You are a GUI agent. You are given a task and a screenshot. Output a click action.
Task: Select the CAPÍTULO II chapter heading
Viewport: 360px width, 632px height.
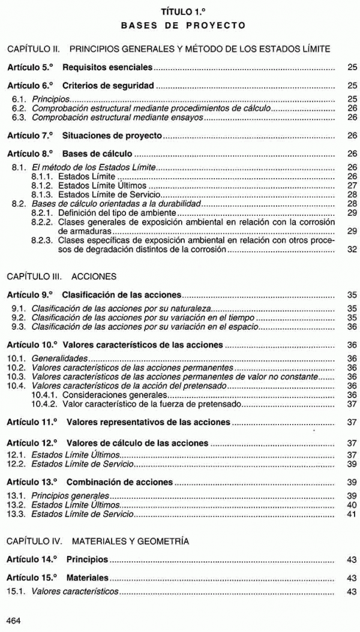coord(168,48)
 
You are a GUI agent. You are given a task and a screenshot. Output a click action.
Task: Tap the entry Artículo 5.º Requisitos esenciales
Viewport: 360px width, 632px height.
coord(80,68)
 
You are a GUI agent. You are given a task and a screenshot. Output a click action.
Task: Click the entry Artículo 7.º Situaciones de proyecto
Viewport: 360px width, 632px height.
coord(85,136)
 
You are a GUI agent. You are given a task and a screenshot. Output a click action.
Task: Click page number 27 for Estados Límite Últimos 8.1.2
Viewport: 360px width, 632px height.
coord(352,186)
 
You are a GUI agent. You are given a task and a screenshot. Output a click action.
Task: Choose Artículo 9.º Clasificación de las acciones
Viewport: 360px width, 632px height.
coord(94,296)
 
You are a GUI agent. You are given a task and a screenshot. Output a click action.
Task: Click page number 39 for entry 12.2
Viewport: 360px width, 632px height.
coord(352,464)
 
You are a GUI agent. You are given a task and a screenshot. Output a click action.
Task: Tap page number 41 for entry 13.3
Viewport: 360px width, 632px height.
coord(352,514)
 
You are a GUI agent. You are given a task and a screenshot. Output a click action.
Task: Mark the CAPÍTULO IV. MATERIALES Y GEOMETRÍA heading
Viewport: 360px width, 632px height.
coord(97,541)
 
